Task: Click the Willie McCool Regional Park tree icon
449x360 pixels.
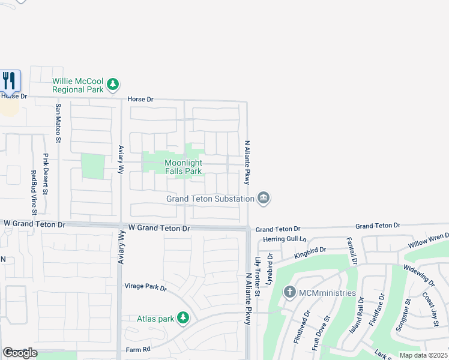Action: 113,86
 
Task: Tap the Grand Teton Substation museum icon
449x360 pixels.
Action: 263,198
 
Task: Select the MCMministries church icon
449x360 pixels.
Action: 289,293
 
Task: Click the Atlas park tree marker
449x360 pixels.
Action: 183,319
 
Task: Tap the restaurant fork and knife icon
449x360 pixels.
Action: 9,80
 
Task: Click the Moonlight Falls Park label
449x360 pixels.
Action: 183,167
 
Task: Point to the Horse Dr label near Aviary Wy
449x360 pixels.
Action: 140,99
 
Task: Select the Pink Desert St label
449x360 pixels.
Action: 46,174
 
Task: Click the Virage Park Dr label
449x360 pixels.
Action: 145,287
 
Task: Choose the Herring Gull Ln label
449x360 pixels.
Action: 285,239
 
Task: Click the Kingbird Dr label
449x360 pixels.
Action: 310,252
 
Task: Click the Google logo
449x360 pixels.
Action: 20,353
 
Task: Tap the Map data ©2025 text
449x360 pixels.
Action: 423,355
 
